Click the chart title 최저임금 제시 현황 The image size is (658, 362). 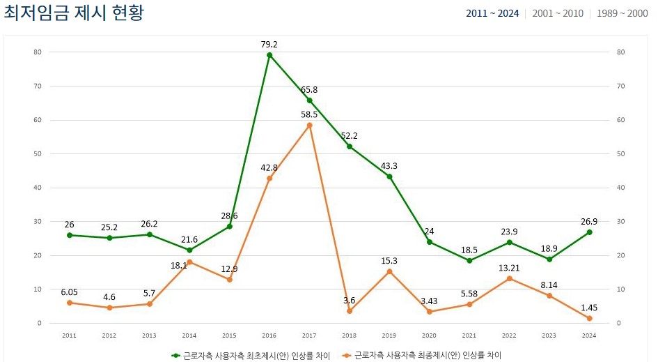[74, 13]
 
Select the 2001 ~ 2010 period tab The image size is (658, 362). [557, 13]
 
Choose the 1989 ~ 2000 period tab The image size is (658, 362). [622, 13]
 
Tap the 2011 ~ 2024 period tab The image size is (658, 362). [492, 13]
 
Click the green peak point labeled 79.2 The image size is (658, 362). [269, 55]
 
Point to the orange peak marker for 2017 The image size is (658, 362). [309, 125]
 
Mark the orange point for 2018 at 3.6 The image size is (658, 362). [350, 311]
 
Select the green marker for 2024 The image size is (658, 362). [589, 232]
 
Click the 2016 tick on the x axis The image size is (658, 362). [269, 335]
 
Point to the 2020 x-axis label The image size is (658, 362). [429, 335]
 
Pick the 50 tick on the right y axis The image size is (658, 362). [620, 153]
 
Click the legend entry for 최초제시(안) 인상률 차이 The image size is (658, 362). [251, 355]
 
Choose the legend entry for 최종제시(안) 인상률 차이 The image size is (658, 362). [422, 355]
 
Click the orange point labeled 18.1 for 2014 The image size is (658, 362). [189, 262]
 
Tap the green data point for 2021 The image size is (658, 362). [469, 261]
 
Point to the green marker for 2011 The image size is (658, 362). [69, 235]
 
